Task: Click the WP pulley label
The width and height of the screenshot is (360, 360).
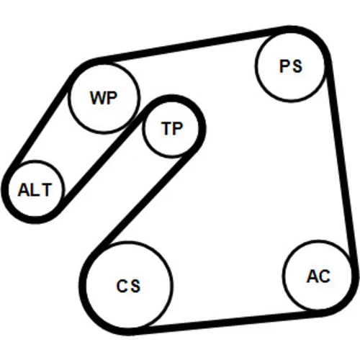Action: pyautogui.click(x=104, y=98)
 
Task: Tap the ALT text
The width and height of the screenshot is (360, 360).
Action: pyautogui.click(x=35, y=190)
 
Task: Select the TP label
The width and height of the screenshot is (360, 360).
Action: pyautogui.click(x=172, y=128)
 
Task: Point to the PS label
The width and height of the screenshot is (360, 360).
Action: pyautogui.click(x=290, y=66)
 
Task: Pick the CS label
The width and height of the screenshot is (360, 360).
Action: pyautogui.click(x=128, y=286)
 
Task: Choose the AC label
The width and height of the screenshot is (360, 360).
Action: pyautogui.click(x=318, y=276)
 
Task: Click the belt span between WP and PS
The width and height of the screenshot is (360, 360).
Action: pyautogui.click(x=189, y=45)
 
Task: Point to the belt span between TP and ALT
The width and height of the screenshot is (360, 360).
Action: pyautogui.click(x=101, y=161)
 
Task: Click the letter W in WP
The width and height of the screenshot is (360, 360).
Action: pyautogui.click(x=97, y=98)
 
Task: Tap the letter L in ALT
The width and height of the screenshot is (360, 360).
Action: pyautogui.click(x=35, y=190)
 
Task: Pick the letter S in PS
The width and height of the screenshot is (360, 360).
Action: pyautogui.click(x=297, y=66)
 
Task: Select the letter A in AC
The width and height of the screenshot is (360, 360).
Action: pyautogui.click(x=312, y=276)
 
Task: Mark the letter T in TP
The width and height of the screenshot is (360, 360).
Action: pyautogui.click(x=166, y=128)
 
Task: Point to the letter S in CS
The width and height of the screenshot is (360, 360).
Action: pyautogui.click(x=135, y=286)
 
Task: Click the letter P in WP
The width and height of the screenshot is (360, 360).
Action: pyautogui.click(x=112, y=98)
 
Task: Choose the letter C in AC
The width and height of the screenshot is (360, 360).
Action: pyautogui.click(x=325, y=276)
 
